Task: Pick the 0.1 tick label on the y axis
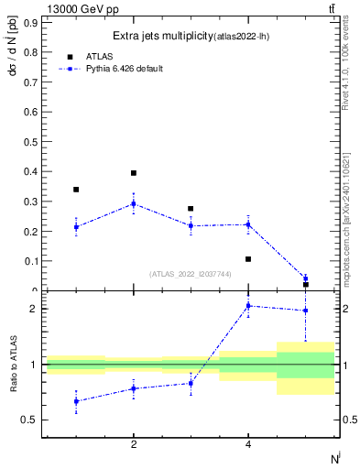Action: pos(30,261)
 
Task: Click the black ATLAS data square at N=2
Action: pos(134,173)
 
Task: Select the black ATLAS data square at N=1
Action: pos(76,190)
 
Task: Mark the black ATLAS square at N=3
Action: pos(191,209)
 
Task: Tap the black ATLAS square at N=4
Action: pos(248,259)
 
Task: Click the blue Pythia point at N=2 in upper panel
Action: pos(134,203)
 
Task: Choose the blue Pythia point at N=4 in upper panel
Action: pos(248,224)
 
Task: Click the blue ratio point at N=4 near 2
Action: pos(248,306)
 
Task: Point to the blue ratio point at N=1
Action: pos(76,401)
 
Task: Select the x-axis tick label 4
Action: pos(248,445)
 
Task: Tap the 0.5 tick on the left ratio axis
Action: pos(30,420)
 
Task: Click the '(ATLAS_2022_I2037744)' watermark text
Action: pos(190,274)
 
